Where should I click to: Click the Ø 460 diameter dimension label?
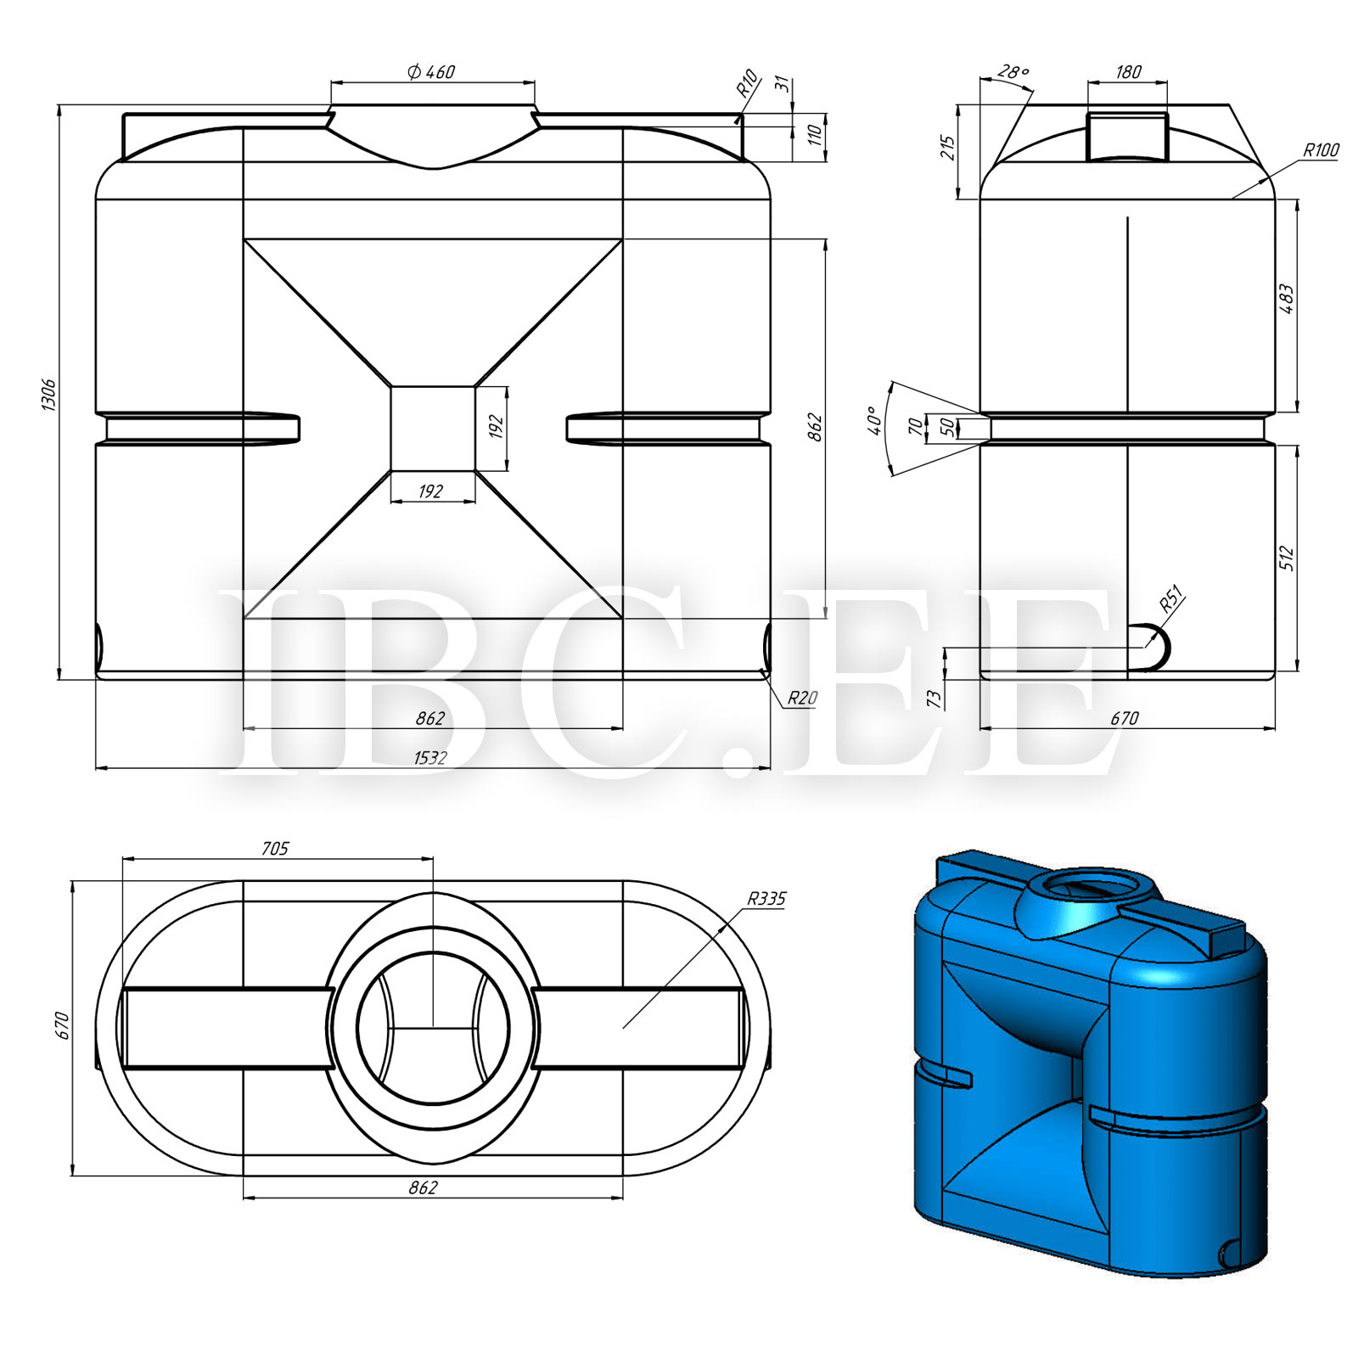coord(431,72)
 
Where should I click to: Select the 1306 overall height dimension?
coord(48,396)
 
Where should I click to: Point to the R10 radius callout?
coord(746,83)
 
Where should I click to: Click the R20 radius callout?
coord(802,698)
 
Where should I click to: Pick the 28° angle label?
coord(1013,72)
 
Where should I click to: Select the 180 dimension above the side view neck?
coord(1128,72)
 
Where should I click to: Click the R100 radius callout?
coord(1321,150)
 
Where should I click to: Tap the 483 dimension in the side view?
coord(1286,300)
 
